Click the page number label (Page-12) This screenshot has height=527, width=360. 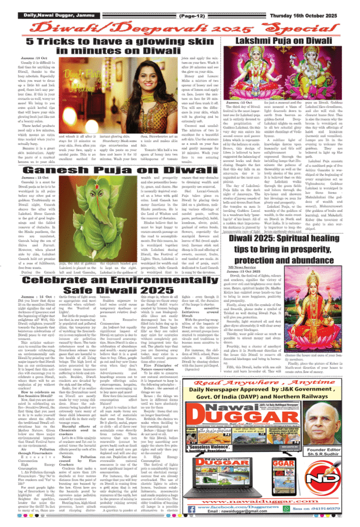click(x=191, y=15)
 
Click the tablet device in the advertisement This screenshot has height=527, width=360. click(x=283, y=476)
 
